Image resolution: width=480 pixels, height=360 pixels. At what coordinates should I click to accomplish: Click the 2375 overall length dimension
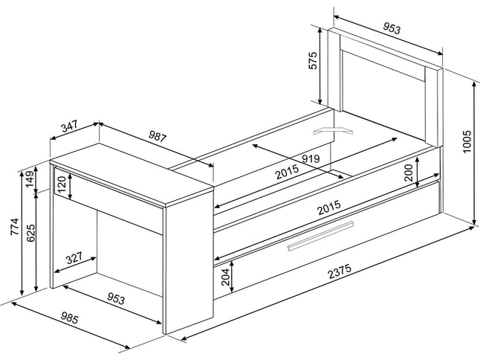339,273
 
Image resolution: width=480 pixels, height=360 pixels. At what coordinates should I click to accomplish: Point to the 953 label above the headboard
392,29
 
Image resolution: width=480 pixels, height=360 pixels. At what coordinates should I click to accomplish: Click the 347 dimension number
68,126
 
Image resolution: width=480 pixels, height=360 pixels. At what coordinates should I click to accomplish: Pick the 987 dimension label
158,137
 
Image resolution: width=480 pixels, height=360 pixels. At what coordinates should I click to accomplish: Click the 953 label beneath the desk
115,299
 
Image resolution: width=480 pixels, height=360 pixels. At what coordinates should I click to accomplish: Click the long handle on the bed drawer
319,237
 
